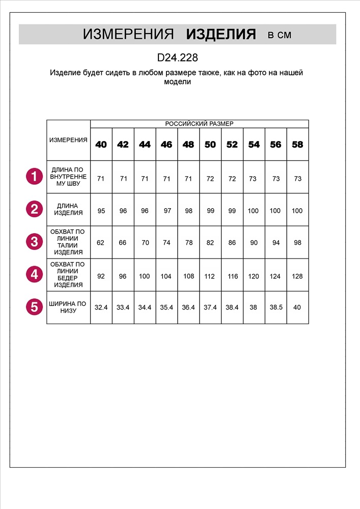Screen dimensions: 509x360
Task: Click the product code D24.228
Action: [177, 58]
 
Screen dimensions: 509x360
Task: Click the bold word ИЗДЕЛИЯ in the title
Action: [221, 35]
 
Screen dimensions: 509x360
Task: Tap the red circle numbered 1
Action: [34, 177]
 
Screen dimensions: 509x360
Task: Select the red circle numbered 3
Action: [34, 241]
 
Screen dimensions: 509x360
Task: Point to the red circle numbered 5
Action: [34, 307]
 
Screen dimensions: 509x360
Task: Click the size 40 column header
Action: [101, 145]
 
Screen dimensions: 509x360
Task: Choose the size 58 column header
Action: [297, 145]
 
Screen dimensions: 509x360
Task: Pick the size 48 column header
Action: [188, 145]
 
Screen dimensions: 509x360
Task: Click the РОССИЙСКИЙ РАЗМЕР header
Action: [199, 124]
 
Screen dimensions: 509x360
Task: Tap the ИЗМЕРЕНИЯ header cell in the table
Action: [68, 140]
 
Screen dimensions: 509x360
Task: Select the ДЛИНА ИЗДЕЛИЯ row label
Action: [68, 209]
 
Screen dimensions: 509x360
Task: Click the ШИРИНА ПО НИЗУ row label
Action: [68, 307]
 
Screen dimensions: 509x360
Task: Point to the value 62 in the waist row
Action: [100, 243]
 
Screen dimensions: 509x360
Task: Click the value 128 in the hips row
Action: [297, 276]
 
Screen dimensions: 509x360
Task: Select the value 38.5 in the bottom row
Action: [275, 307]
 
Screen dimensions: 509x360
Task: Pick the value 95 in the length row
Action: [101, 210]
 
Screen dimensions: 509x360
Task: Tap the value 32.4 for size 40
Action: [101, 307]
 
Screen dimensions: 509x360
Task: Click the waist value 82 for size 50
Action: [210, 243]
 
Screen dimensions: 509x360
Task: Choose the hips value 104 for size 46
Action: [167, 276]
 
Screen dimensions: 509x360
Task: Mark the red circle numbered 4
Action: [34, 274]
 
